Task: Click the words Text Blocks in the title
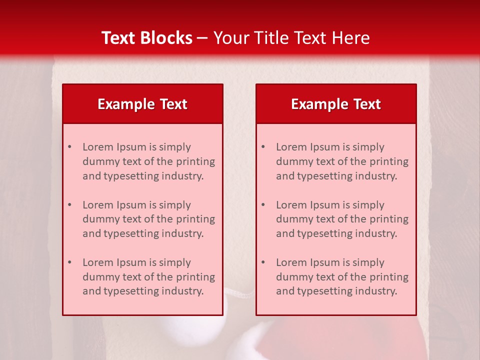147,38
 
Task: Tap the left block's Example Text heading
142,104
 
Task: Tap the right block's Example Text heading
336,104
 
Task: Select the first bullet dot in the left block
69,147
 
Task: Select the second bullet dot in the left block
69,205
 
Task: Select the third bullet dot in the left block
69,262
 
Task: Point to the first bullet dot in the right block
263,147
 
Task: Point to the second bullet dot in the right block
263,205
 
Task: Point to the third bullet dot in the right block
263,262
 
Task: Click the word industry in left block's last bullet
183,291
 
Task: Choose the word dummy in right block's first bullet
293,161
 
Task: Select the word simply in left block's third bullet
174,262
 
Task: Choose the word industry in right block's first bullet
376,176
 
